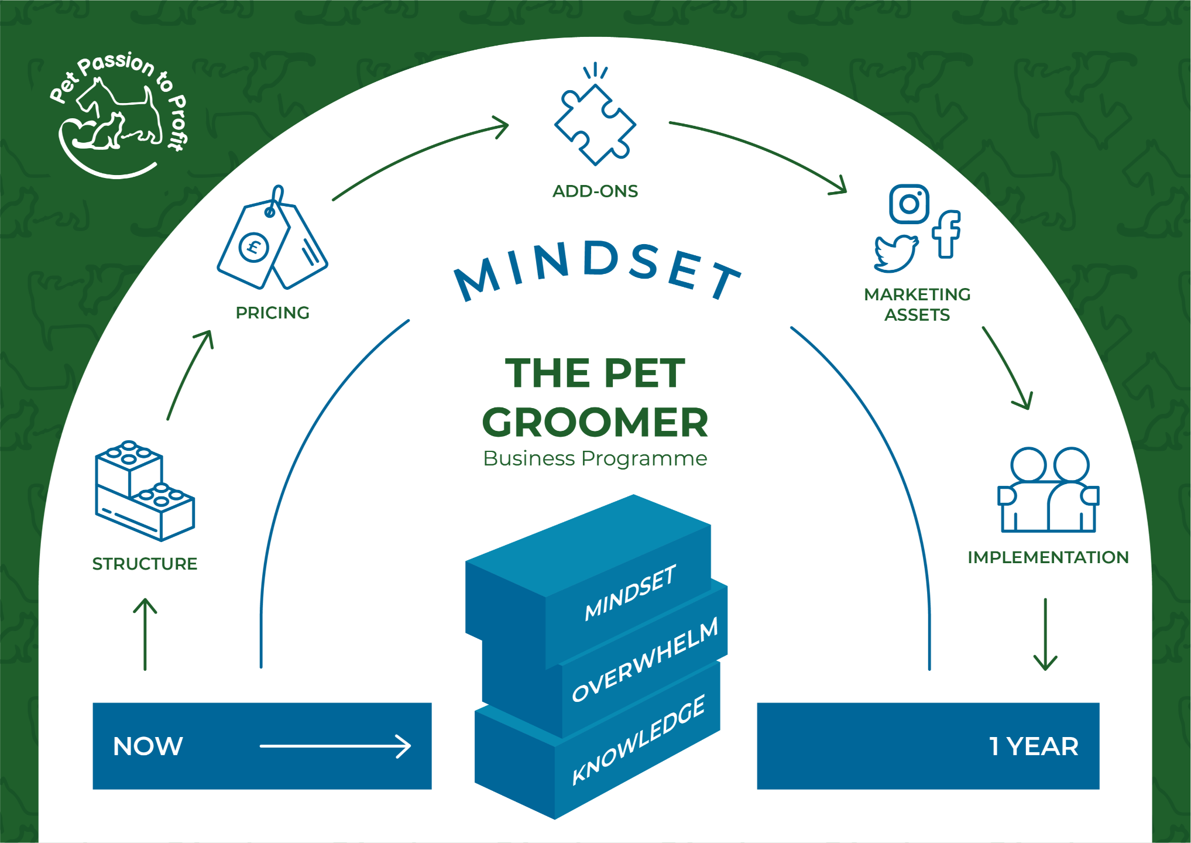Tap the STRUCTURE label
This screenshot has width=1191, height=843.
pyautogui.click(x=145, y=564)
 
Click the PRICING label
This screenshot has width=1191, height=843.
pyautogui.click(x=272, y=313)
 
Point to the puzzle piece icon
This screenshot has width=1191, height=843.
pyautogui.click(x=595, y=123)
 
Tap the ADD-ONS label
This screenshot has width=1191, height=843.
pyautogui.click(x=595, y=191)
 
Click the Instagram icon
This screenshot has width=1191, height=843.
pyautogui.click(x=909, y=204)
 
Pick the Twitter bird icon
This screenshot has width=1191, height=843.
pyautogui.click(x=895, y=254)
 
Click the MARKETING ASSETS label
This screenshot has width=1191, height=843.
pyautogui.click(x=917, y=304)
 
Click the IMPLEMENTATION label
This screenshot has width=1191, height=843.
pyautogui.click(x=1048, y=557)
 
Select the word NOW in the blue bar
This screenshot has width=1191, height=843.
pyautogui.click(x=148, y=746)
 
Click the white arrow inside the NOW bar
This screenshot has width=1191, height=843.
pyautogui.click(x=335, y=746)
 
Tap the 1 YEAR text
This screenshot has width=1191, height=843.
pyautogui.click(x=1034, y=746)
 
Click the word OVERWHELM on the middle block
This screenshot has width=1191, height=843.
pyautogui.click(x=644, y=660)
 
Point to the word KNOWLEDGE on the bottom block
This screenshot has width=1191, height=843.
pyautogui.click(x=639, y=741)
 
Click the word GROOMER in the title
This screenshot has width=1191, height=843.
pyautogui.click(x=595, y=423)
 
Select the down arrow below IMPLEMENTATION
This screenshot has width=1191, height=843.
pyautogui.click(x=1045, y=635)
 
